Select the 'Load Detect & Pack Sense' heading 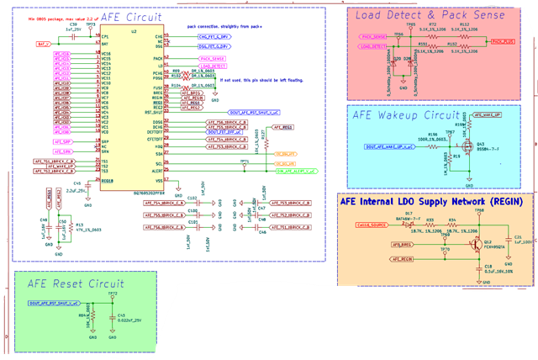[x=430, y=16]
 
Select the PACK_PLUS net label [x=503, y=40]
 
